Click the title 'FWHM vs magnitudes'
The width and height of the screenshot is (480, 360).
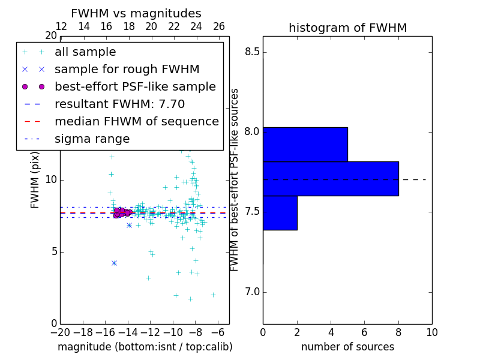point(136,14)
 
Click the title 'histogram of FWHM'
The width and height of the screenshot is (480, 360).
point(347,28)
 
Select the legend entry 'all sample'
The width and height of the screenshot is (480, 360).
point(85,52)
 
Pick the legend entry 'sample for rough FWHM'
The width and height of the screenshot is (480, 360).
point(127,69)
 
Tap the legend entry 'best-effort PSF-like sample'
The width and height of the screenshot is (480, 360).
point(135,86)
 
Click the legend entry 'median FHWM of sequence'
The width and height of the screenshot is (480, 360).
point(136,121)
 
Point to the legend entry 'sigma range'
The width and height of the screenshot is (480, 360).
point(92,139)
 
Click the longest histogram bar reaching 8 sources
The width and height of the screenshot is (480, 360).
point(331,178)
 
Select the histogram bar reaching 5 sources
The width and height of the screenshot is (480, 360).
point(305,144)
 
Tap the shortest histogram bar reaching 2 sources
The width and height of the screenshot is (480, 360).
point(280,212)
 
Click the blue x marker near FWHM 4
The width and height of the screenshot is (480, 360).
point(114,263)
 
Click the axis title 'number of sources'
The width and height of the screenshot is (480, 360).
point(347,347)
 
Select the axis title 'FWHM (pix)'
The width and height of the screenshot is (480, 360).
point(35,179)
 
